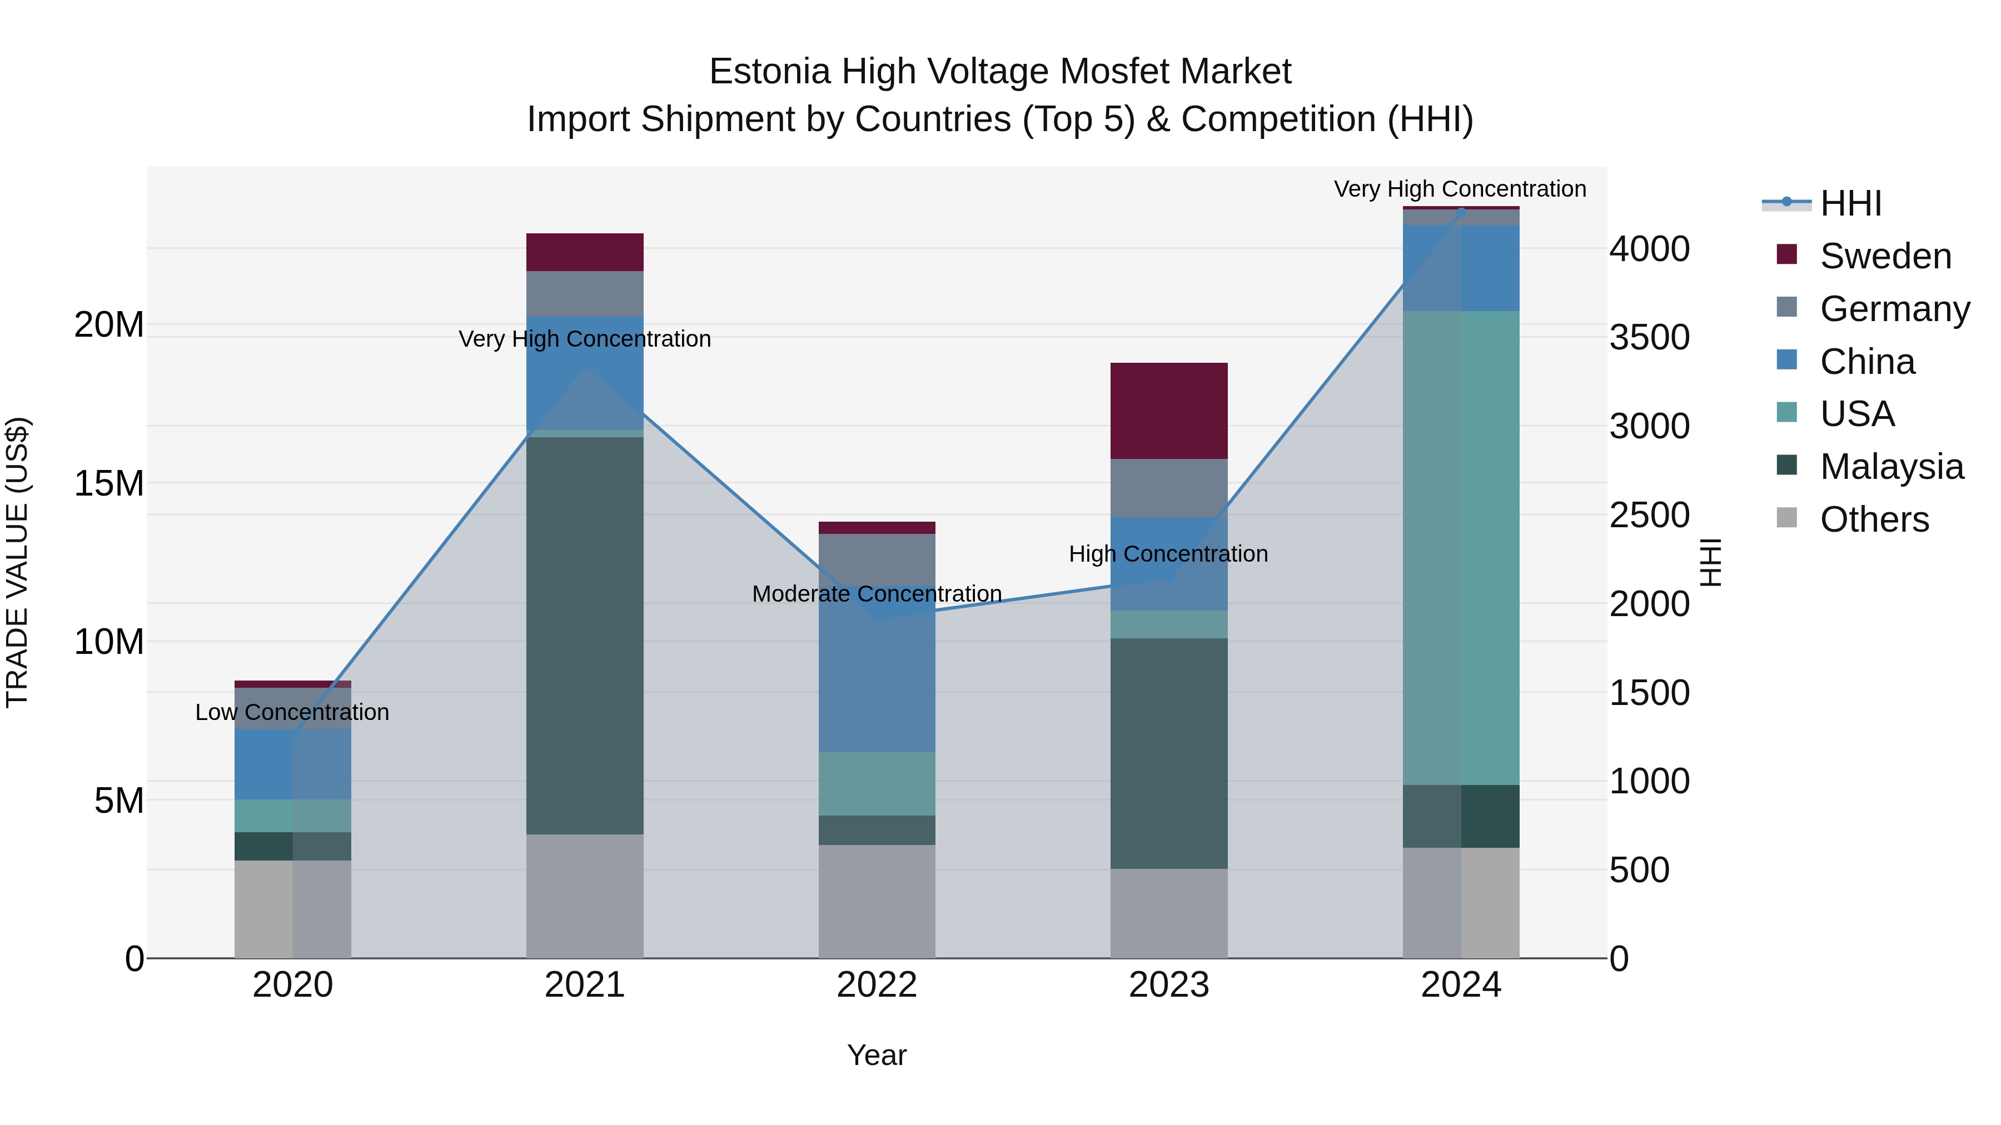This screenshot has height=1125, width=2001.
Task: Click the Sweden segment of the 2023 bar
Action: click(x=1168, y=411)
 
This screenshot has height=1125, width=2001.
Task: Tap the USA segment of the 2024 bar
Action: click(x=1460, y=547)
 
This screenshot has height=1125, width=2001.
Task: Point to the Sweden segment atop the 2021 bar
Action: click(x=584, y=252)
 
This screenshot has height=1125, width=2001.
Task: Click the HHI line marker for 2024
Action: click(x=1460, y=211)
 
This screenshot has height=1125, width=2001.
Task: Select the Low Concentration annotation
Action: click(x=292, y=712)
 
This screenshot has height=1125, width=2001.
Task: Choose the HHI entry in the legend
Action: click(x=1850, y=203)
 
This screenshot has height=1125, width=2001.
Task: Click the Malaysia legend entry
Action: click(x=1891, y=467)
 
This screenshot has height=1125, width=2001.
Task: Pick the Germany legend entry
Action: click(x=1894, y=309)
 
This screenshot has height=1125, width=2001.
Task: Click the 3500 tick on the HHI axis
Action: click(x=1649, y=338)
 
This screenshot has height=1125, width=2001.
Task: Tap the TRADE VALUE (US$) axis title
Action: click(x=17, y=562)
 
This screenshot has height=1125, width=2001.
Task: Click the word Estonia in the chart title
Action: click(x=769, y=72)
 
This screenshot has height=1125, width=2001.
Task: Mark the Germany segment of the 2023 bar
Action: click(x=1168, y=488)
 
